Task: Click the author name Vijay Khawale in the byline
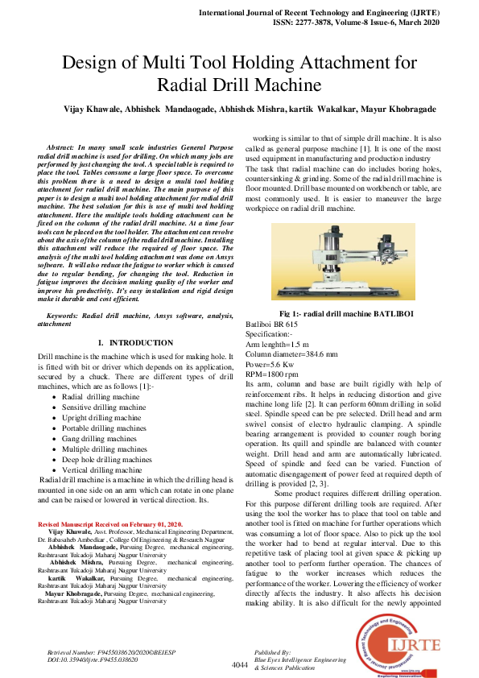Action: [x=86, y=108]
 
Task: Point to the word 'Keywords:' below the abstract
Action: [x=68, y=317]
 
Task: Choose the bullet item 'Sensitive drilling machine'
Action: [x=104, y=407]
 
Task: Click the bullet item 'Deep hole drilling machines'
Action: [x=106, y=460]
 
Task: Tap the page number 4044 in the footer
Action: [x=239, y=665]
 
